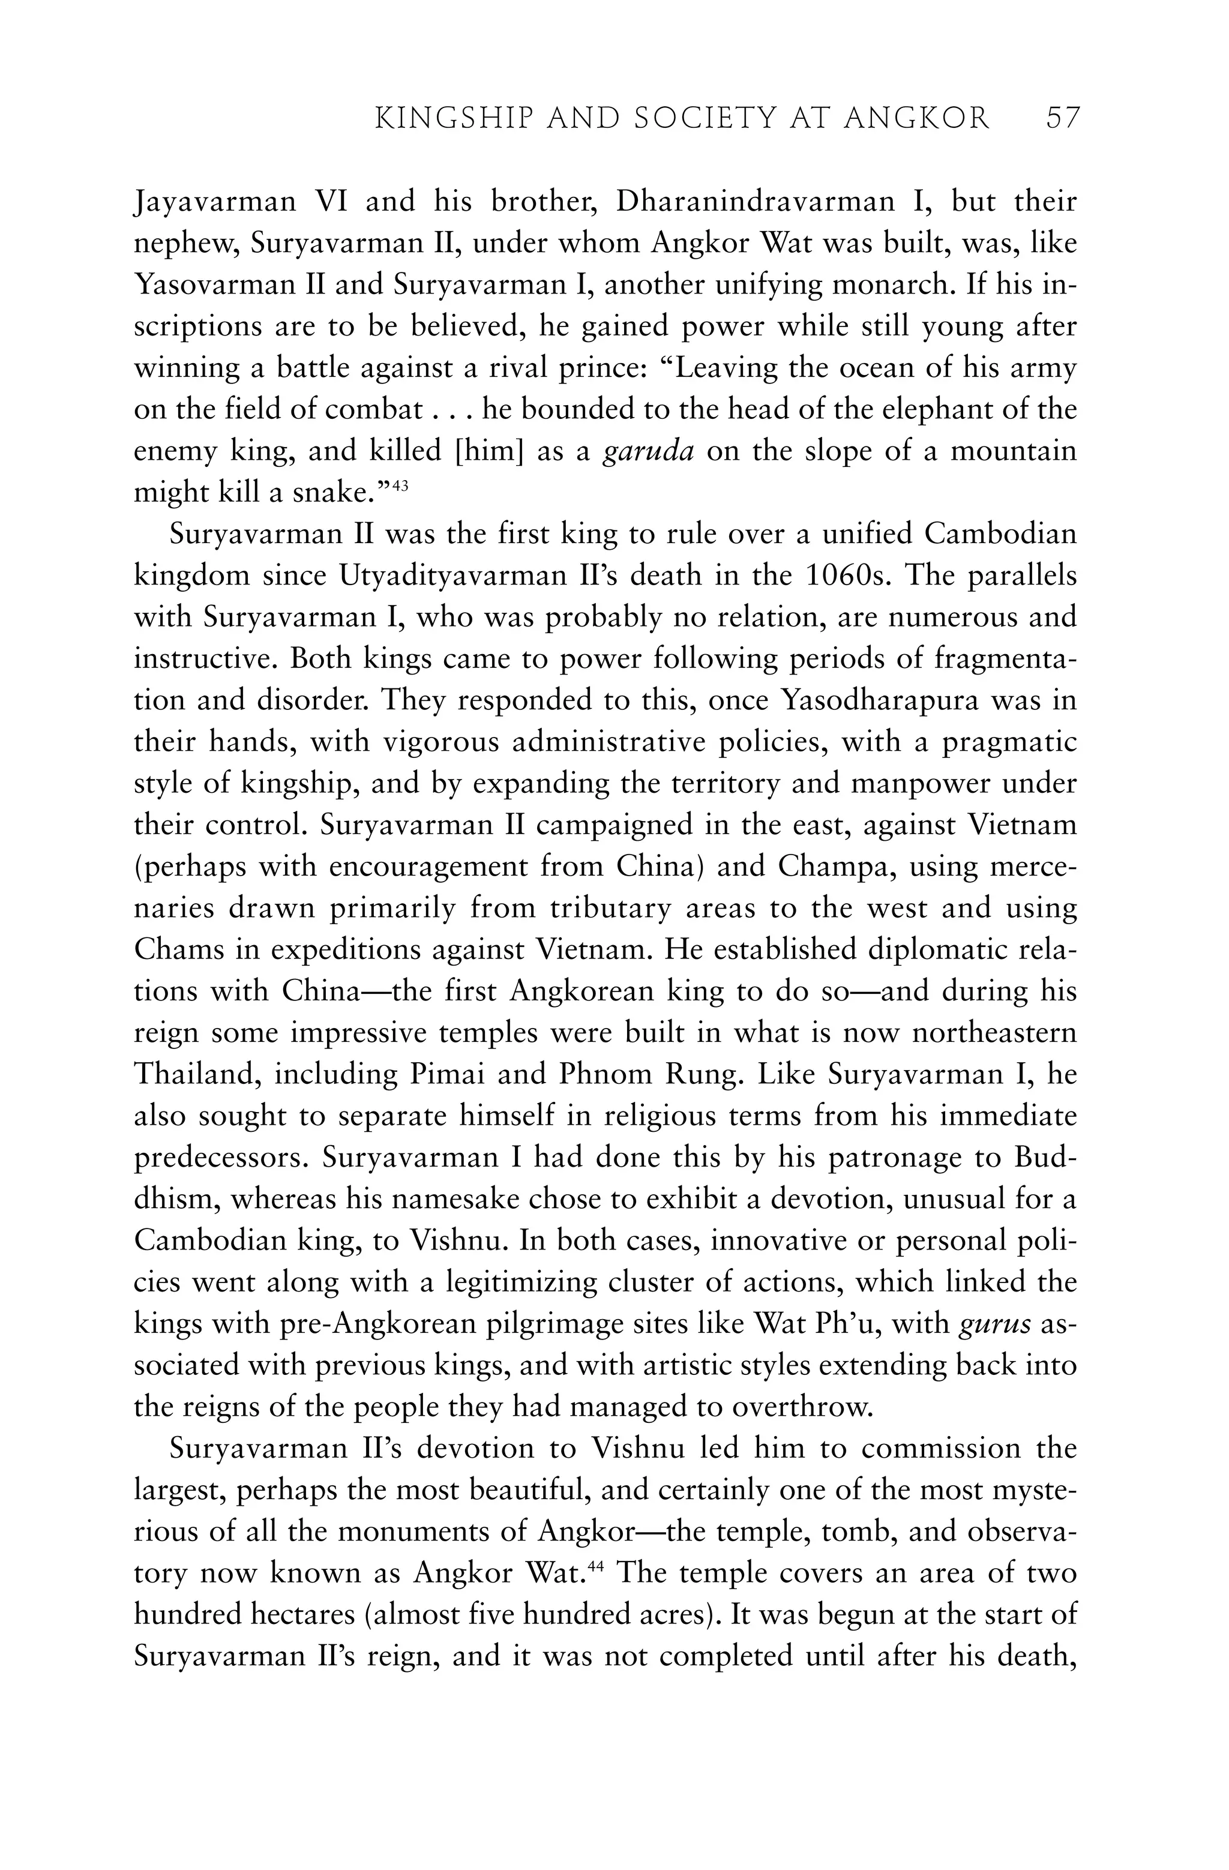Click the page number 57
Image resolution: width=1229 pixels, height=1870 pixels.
coord(1063,119)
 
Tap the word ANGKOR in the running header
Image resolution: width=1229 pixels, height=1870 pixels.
coord(917,119)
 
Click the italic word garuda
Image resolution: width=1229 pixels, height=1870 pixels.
coord(648,452)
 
